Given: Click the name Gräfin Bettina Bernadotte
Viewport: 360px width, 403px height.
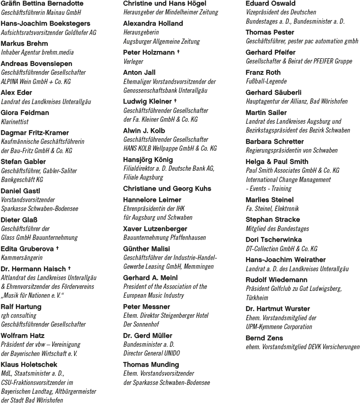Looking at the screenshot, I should pos(42,4).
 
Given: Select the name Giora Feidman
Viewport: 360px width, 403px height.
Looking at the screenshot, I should pos(25,113).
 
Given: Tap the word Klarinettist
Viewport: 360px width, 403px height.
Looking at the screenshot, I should pos(15,121).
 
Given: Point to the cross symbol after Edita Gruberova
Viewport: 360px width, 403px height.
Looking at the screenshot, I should pos(57,248).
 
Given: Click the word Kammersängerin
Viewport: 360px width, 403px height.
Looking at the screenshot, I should pos(22,258).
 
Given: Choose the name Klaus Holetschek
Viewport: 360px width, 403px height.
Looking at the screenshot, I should pos(29,364).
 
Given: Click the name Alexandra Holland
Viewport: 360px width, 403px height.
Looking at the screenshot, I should pos(153,23).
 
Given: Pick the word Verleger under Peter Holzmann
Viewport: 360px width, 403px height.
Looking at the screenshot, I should pos(133,61).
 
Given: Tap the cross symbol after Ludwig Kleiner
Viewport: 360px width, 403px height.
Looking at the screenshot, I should pos(176,101).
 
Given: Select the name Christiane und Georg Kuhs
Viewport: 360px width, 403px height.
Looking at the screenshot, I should pos(167,188).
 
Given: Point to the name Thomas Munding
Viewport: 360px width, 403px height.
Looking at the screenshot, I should pos(151,364).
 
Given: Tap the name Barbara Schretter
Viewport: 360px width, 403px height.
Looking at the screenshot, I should pos(275,141).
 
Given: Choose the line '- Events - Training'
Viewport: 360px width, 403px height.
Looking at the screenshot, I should pos(268,188).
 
